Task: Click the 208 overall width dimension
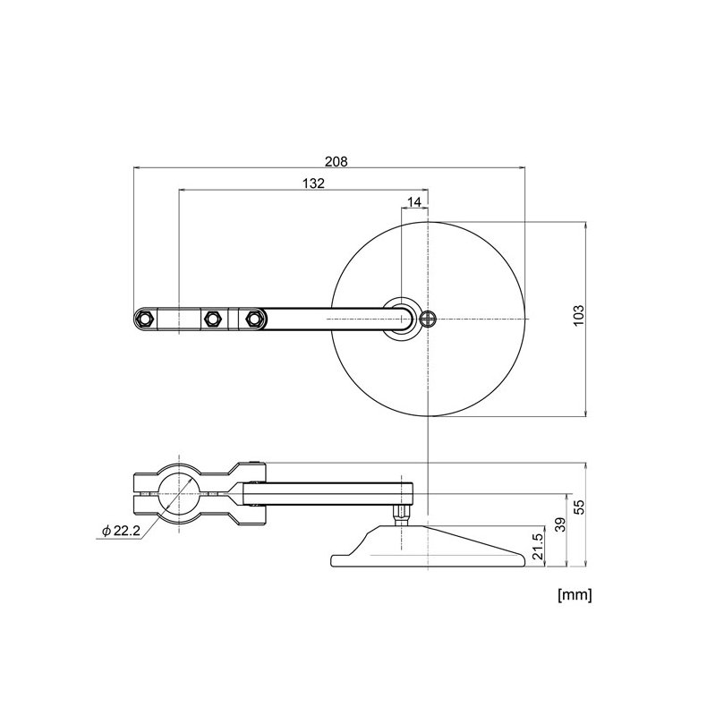(x=336, y=161)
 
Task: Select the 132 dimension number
(x=312, y=183)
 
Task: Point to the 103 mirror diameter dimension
(x=577, y=318)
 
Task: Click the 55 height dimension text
(x=577, y=507)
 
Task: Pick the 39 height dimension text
(x=560, y=525)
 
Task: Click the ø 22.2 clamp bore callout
(x=121, y=531)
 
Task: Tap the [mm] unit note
(x=574, y=593)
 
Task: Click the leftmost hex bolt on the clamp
(x=145, y=319)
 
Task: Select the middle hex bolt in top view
(x=213, y=319)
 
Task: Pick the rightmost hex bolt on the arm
(x=254, y=319)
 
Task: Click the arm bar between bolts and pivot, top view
(x=327, y=319)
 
